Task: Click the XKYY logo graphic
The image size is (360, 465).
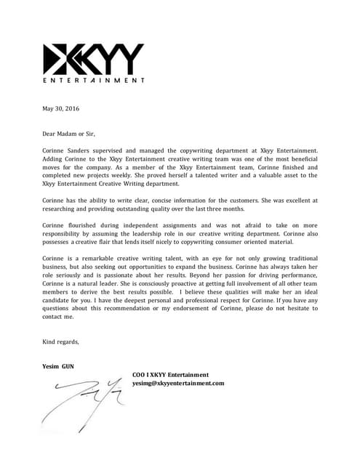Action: tap(94, 58)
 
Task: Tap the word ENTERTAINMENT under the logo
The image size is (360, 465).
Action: tap(94, 80)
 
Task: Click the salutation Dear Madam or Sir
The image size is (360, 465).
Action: tap(69, 133)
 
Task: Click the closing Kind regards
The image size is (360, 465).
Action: tap(60, 341)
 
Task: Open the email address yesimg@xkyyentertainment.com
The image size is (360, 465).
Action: tap(178, 383)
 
